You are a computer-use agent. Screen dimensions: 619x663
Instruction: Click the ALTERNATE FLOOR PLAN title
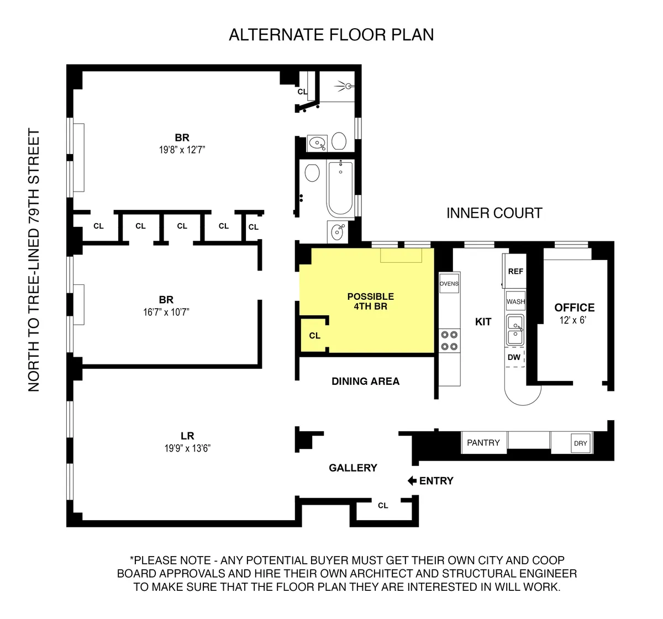(331, 35)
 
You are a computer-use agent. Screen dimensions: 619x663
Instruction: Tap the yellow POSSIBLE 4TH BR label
(370, 301)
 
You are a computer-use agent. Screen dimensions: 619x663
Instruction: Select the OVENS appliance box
(449, 284)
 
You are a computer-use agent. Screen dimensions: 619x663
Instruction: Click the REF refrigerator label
(515, 271)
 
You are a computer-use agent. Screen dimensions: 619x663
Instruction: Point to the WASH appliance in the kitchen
(515, 301)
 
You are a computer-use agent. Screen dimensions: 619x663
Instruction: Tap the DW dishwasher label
(514, 357)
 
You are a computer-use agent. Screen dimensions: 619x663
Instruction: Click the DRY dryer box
(580, 443)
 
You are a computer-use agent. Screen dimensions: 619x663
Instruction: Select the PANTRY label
(483, 443)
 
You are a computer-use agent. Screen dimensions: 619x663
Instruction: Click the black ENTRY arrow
(412, 481)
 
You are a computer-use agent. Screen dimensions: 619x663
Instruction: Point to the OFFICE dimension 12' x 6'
(572, 320)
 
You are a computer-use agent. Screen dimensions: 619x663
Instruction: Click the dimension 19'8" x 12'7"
(182, 150)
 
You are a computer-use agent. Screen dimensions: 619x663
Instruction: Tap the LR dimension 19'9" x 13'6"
(187, 448)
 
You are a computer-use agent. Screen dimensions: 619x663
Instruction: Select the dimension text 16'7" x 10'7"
(166, 312)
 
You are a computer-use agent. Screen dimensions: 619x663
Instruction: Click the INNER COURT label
(494, 213)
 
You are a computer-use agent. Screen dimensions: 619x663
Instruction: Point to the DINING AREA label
(365, 382)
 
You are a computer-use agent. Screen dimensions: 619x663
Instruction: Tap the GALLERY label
(352, 468)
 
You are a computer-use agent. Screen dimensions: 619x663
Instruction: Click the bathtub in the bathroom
(340, 188)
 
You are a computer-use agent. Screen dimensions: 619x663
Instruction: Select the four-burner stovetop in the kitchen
(448, 340)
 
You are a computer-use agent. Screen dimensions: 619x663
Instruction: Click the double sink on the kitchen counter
(515, 330)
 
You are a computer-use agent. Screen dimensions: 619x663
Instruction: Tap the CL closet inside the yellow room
(314, 336)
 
